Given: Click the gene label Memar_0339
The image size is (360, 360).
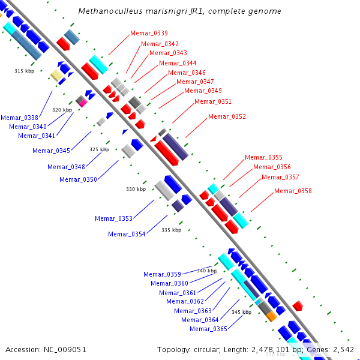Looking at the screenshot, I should point(149,33).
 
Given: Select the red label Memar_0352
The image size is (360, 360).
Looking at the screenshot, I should point(227,116).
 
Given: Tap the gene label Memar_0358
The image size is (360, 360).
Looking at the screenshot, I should point(293,191).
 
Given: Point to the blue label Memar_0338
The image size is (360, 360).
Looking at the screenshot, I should point(20,118).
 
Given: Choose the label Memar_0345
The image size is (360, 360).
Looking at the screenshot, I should point(52,151).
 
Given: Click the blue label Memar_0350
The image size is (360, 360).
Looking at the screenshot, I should point(78,179).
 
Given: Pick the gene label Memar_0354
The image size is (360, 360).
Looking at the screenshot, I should point(127,234).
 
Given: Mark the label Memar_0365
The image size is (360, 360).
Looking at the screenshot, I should point(208,329).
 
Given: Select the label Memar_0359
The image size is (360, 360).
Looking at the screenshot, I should point(162,274).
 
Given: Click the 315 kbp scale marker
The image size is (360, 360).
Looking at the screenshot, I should point(24,71).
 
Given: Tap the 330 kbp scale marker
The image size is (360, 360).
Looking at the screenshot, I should point(136,189).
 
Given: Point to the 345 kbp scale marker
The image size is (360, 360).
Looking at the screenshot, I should point(241,312).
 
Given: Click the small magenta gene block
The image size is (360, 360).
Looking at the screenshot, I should point(83,103).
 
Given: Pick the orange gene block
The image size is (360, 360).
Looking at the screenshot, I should point(271,316).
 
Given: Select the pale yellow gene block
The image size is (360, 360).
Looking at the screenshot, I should point(55,75).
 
